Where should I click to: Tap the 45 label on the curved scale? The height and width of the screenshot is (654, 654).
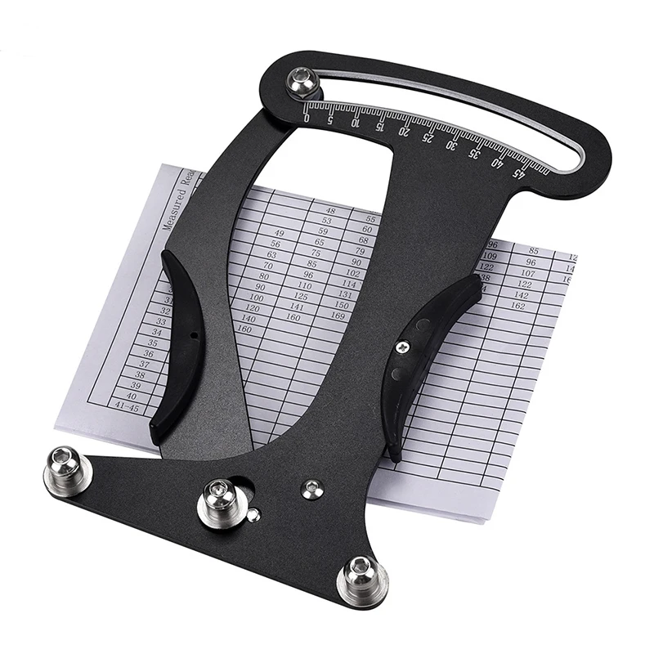(518, 172)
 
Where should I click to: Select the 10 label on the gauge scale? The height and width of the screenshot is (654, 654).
(356, 123)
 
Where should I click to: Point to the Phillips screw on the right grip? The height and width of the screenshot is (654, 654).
(401, 347)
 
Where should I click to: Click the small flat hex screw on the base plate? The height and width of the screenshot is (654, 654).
(311, 489)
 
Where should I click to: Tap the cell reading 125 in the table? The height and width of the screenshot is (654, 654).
(302, 296)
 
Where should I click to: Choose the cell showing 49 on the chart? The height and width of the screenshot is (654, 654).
(278, 234)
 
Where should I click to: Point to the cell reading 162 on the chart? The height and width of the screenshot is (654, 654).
(517, 306)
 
